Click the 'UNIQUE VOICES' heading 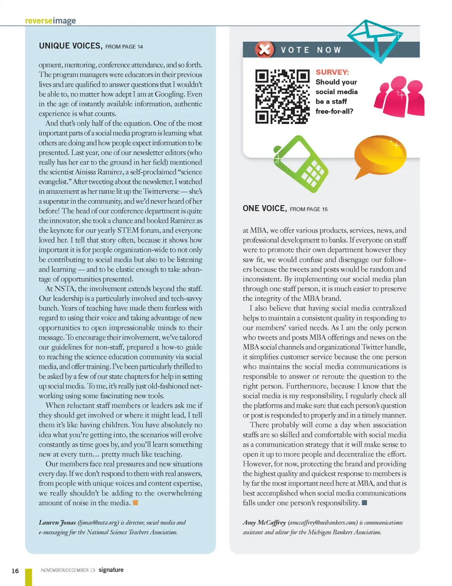tap(70, 46)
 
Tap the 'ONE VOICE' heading tap(264, 209)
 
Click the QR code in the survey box tap(282, 96)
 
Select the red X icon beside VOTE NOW tap(265, 49)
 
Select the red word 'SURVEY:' tap(332, 72)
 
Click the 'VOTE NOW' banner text tap(311, 50)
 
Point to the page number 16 tap(15, 570)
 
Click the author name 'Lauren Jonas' tap(57, 522)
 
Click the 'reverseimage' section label tap(50, 21)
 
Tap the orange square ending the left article tap(136, 503)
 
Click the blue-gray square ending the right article tap(364, 503)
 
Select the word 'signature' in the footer tap(111, 570)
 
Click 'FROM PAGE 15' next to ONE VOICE tap(308, 209)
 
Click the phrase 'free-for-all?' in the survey tap(334, 112)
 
